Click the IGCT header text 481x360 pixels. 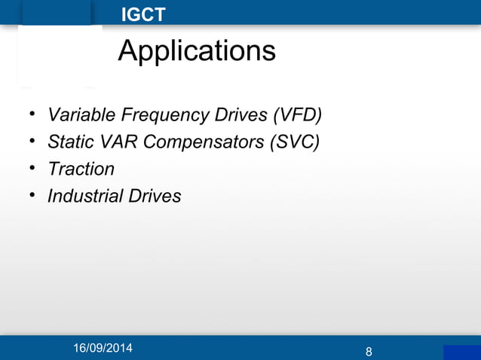(143, 14)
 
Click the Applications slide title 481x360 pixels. (196, 51)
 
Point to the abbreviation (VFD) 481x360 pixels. (297, 115)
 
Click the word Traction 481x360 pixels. (81, 169)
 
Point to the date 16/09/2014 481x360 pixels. (101, 349)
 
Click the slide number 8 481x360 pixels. (368, 352)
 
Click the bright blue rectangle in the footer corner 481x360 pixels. (461, 352)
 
